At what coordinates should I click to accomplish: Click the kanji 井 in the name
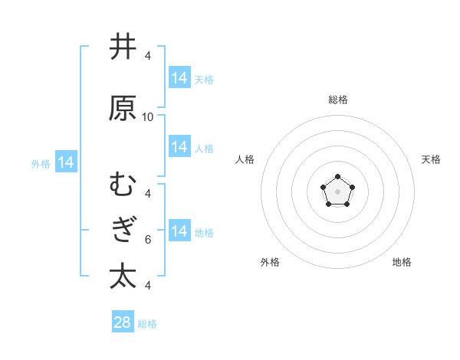point(123,47)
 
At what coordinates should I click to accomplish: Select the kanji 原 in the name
point(123,108)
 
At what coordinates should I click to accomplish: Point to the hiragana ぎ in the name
point(123,231)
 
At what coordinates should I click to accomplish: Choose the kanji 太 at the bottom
point(123,276)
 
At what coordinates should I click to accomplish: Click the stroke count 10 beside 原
point(148,117)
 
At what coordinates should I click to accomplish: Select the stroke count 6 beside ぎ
point(148,239)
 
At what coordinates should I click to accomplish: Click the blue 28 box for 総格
point(123,322)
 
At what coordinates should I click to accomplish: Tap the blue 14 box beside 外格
point(66,162)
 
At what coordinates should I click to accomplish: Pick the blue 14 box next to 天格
point(179,78)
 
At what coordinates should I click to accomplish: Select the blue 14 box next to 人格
point(179,147)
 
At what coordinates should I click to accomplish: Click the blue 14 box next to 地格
point(179,231)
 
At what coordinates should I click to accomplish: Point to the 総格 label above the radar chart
point(337,100)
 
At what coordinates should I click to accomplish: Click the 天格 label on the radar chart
point(431,159)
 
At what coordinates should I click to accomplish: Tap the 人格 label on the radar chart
point(245,159)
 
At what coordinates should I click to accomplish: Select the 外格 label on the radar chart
point(270,263)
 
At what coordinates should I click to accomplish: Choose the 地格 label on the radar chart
point(402,263)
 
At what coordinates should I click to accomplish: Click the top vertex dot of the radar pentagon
point(337,177)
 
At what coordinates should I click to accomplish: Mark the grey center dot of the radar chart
point(337,191)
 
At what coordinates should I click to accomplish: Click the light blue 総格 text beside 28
point(147,324)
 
